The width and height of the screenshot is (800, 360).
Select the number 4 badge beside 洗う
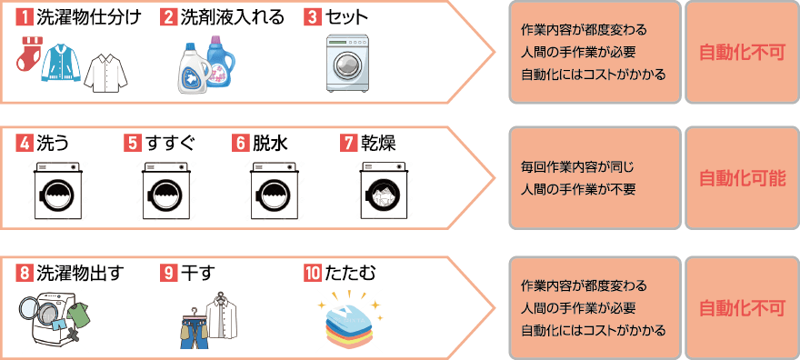[23, 143]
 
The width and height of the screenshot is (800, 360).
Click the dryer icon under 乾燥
[384, 190]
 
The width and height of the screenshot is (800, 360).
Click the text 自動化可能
[742, 179]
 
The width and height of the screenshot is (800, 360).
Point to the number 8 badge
[23, 272]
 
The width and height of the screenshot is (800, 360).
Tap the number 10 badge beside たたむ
[313, 272]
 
